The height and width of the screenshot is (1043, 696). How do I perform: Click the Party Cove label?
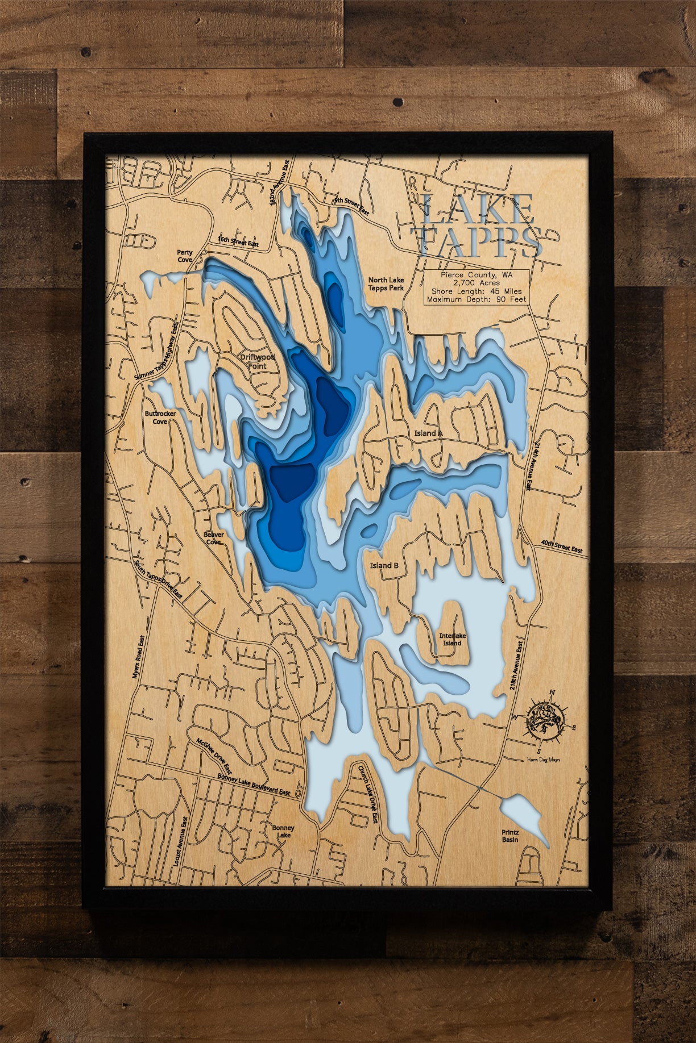click(185, 256)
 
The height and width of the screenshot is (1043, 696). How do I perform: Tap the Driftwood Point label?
click(257, 361)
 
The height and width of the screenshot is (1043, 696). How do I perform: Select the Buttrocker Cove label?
click(160, 418)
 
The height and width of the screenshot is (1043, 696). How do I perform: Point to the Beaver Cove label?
click(214, 538)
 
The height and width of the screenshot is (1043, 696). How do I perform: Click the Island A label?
click(429, 433)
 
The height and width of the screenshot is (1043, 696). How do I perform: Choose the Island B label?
click(384, 565)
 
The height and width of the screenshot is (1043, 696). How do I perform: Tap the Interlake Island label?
click(451, 640)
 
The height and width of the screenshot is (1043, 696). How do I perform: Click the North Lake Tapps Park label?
click(386, 284)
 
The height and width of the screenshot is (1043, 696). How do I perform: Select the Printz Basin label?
click(510, 836)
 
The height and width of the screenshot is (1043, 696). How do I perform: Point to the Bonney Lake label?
click(283, 832)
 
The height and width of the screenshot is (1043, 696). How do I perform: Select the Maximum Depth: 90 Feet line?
click(477, 299)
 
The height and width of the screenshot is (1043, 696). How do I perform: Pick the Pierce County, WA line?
click(477, 274)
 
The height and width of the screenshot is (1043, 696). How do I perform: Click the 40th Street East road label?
click(562, 547)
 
